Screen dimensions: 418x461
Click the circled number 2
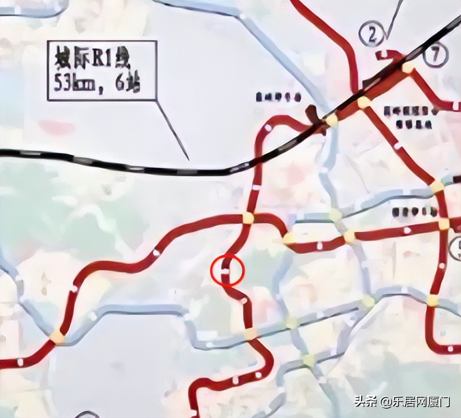coord(371,36)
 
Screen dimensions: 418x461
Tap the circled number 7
coord(435,56)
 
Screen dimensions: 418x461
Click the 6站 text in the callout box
coord(127,84)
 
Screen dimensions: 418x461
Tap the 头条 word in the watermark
coord(365,402)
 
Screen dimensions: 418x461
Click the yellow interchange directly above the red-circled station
coord(248,218)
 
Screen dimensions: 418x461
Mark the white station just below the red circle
coord(244,301)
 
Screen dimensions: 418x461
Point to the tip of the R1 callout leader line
coord(189,160)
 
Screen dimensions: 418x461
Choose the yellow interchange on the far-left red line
coord(57,336)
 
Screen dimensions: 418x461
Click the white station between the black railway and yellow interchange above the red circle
coord(256,187)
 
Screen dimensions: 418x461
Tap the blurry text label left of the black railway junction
coord(278,97)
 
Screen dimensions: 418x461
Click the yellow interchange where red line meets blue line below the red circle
coord(251,333)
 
